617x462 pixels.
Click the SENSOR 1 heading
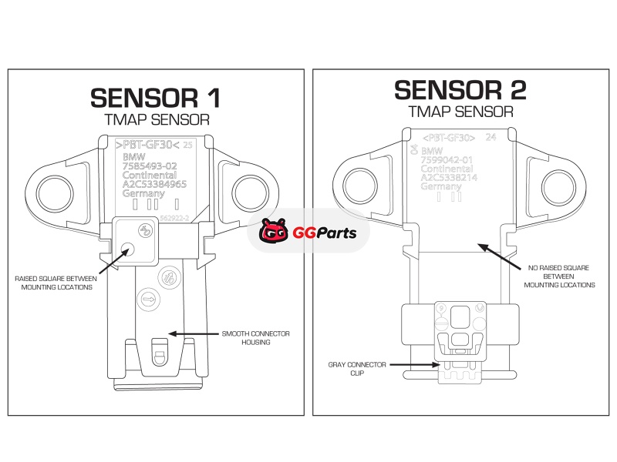point(155,97)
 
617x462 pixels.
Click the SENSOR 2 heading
point(460,90)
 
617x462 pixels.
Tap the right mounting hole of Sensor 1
point(248,188)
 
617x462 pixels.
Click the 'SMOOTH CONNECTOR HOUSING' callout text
point(256,338)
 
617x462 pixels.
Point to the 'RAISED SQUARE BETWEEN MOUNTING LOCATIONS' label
point(53,283)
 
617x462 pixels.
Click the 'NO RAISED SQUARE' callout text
point(559,276)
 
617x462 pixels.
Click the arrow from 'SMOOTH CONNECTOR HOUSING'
point(192,334)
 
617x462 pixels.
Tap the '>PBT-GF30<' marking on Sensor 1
point(147,144)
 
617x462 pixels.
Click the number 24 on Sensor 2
point(490,138)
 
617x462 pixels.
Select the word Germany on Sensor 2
point(441,187)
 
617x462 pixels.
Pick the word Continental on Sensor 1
point(149,175)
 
